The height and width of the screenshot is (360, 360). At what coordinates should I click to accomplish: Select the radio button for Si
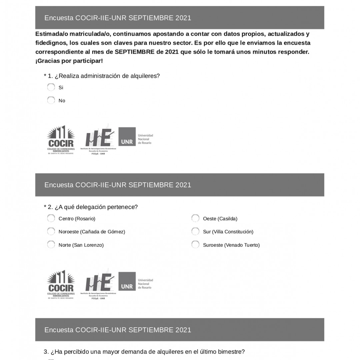[51, 87]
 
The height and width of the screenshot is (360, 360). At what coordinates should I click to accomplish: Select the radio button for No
[51, 100]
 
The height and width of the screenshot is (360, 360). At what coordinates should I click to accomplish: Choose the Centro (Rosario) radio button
[51, 218]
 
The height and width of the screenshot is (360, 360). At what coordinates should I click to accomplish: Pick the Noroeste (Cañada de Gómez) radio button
[51, 231]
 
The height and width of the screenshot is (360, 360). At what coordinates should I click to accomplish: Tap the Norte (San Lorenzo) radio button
[51, 245]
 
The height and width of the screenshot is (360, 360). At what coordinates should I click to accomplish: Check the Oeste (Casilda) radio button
[195, 218]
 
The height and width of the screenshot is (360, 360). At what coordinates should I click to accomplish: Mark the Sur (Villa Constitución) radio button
[195, 231]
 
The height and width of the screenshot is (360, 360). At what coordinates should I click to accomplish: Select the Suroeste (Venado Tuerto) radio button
[195, 245]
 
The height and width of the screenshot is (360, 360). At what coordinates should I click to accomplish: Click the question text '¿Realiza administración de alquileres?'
[107, 76]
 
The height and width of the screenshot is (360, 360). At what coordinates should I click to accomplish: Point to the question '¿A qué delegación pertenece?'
[96, 207]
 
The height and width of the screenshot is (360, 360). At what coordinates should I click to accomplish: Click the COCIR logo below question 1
[61, 140]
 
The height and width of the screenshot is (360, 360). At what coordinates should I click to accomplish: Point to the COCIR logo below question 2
[61, 284]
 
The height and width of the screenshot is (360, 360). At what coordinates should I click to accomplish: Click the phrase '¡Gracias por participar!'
[69, 61]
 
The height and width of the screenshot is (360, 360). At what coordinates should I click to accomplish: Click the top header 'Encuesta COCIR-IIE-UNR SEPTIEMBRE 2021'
[118, 18]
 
